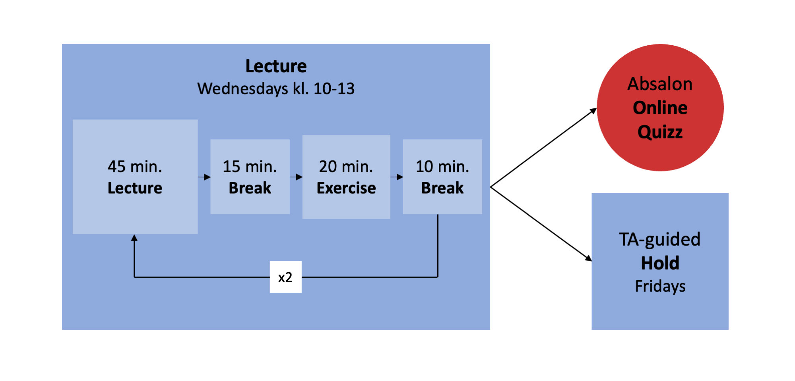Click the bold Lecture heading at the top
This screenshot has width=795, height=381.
pyautogui.click(x=276, y=66)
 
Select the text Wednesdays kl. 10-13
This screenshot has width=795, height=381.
pyautogui.click(x=276, y=89)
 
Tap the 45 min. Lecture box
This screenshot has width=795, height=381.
pyautogui.click(x=135, y=177)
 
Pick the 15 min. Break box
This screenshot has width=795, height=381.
pyautogui.click(x=250, y=177)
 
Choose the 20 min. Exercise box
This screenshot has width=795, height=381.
pyautogui.click(x=346, y=177)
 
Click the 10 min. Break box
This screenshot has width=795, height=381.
pyautogui.click(x=442, y=177)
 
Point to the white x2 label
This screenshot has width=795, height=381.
pyautogui.click(x=285, y=277)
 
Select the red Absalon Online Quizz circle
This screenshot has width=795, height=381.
pyautogui.click(x=660, y=108)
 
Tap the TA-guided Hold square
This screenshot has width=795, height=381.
pyautogui.click(x=660, y=262)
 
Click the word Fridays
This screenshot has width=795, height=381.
pyautogui.click(x=660, y=286)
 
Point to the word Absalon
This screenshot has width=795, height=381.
pyautogui.click(x=660, y=84)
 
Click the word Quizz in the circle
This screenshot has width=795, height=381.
pyautogui.click(x=660, y=132)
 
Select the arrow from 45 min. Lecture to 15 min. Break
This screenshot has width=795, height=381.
pyautogui.click(x=204, y=177)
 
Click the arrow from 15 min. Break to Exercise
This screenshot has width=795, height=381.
pyautogui.click(x=296, y=177)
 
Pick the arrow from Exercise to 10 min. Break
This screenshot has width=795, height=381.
pyautogui.click(x=397, y=177)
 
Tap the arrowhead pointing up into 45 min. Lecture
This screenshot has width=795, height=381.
pyautogui.click(x=134, y=237)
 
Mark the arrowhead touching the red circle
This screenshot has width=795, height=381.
pyautogui.click(x=593, y=111)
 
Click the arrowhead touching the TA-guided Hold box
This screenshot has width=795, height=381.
pyautogui.click(x=588, y=258)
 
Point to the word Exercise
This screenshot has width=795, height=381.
pyautogui.click(x=346, y=188)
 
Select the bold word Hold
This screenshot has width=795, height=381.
pyautogui.click(x=660, y=263)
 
